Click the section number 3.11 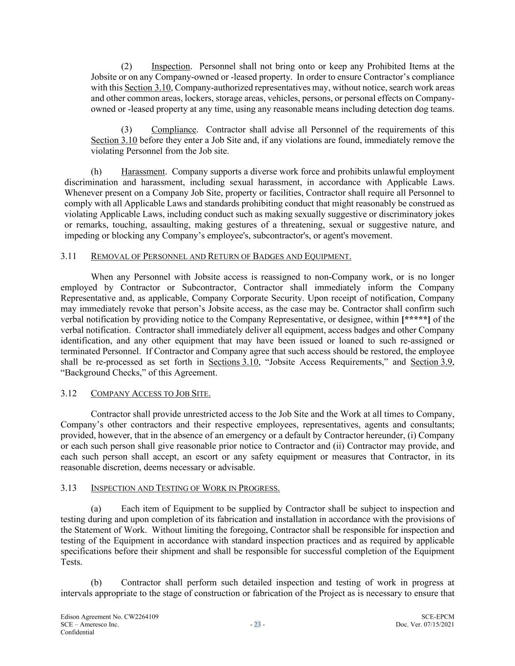68,256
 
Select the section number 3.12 68,393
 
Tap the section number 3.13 68,488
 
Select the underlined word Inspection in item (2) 170,66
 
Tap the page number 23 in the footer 257,625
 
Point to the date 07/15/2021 437,625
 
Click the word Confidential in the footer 77,632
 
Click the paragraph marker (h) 97,172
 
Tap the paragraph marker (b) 97,583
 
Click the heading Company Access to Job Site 151,393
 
